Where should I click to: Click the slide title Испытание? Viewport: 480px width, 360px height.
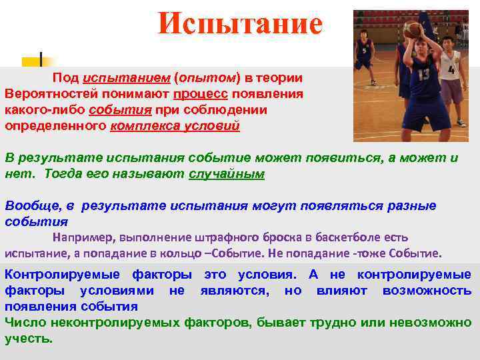[240, 25]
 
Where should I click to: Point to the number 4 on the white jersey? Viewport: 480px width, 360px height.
[451, 69]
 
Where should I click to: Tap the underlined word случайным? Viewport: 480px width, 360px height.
[227, 174]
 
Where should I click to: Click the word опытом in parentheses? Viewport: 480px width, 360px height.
[204, 79]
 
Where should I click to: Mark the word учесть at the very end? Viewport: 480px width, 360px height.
[27, 339]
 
